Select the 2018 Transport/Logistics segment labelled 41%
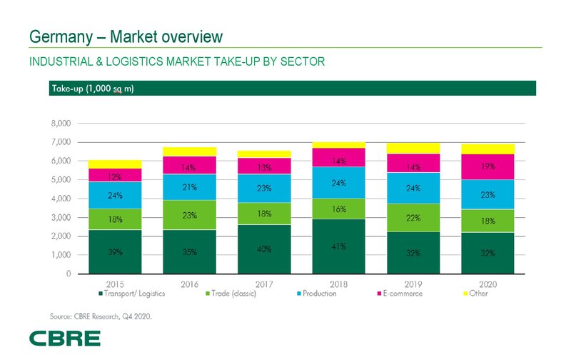[x=338, y=246]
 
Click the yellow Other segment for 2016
[x=189, y=151]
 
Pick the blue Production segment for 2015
[x=115, y=195]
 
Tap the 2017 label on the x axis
[x=264, y=284]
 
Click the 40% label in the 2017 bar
[x=264, y=249]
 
